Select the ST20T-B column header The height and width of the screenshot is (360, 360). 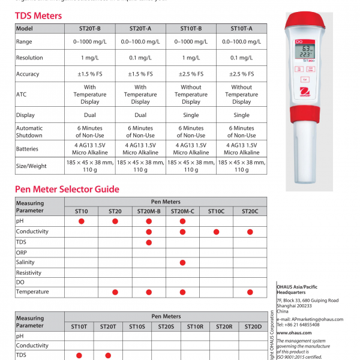(x=90, y=28)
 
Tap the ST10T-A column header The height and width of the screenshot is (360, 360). (x=242, y=28)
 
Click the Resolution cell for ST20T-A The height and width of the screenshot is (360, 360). (x=140, y=58)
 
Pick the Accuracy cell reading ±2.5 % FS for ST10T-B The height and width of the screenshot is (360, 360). (x=191, y=74)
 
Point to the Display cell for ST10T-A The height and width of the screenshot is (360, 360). (x=242, y=115)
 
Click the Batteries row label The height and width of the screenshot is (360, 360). (x=28, y=149)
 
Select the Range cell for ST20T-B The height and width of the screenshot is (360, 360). (x=90, y=41)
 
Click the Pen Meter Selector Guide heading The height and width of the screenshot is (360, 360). (x=67, y=190)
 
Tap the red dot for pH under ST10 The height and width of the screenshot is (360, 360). (x=82, y=221)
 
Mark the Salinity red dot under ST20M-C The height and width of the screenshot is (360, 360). (x=182, y=262)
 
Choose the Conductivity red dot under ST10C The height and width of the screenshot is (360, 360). (x=216, y=232)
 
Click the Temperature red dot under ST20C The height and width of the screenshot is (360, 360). (x=250, y=292)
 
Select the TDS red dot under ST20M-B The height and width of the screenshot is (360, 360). (x=149, y=242)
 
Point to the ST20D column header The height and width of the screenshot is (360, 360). (x=252, y=326)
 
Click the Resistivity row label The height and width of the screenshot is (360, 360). (x=29, y=272)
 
